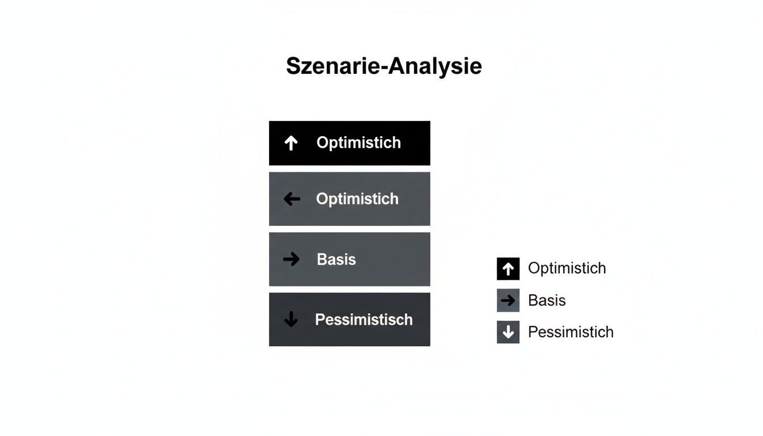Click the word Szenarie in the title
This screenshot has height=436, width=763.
coord(333,66)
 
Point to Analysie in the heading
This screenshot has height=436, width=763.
coord(435,66)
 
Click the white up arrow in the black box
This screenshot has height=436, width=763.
coord(291,143)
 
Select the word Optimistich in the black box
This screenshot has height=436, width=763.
coord(358,142)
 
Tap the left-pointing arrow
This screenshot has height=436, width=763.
coord(292,199)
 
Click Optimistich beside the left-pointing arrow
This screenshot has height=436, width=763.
coord(357,199)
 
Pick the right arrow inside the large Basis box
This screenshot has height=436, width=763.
coord(291,259)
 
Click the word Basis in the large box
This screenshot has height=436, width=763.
coord(336,259)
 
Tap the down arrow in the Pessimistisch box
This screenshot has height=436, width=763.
coord(291,319)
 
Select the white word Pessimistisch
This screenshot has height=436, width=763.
coord(363,320)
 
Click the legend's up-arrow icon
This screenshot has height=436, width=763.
coord(508,269)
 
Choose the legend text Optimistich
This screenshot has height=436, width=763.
coord(567,268)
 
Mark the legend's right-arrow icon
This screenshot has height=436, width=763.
coord(508,300)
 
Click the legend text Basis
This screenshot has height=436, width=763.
coord(547,300)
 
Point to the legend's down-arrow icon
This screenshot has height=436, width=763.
coord(508,332)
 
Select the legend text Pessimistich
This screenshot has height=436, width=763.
coord(571,332)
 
